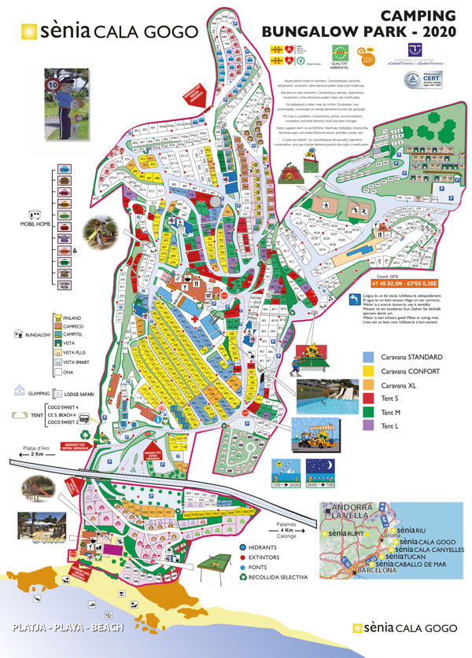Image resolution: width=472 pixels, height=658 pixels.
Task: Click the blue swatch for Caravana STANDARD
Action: coord(368,356)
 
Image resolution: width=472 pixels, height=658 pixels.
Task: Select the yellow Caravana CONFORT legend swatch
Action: coord(368,371)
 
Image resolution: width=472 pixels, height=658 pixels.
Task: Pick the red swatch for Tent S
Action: coord(368,399)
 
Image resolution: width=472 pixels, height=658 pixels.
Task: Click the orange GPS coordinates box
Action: coord(403,283)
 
